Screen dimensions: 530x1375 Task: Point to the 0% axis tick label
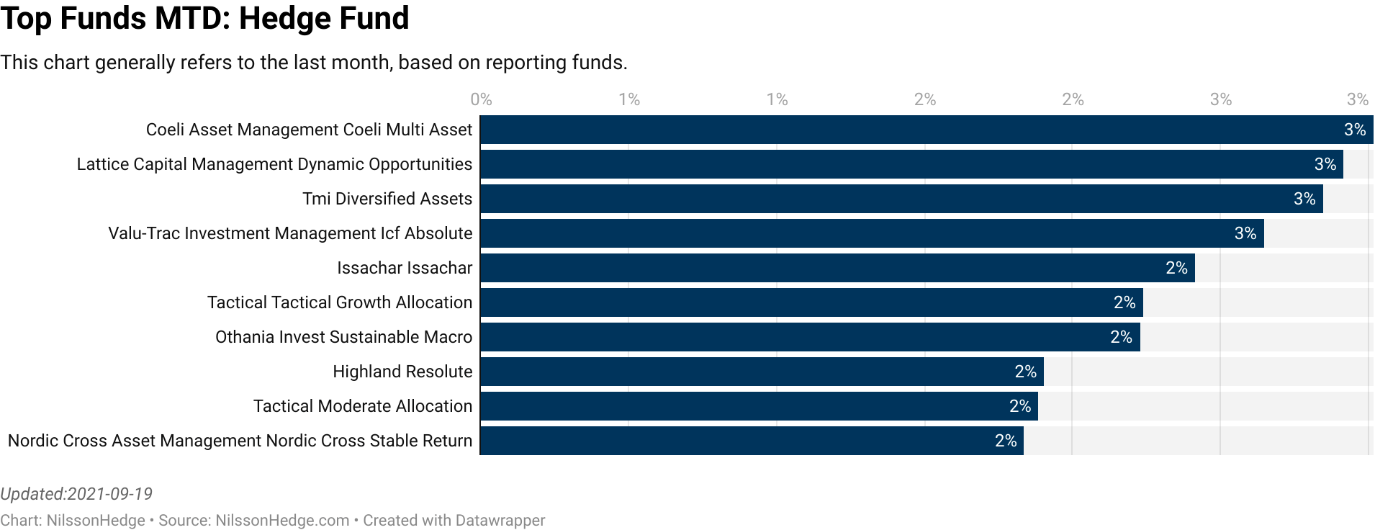(x=481, y=99)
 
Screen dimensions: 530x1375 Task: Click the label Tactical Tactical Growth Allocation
(x=340, y=302)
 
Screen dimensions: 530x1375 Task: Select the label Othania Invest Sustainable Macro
(x=343, y=337)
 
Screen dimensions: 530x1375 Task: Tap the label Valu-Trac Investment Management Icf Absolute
(x=290, y=233)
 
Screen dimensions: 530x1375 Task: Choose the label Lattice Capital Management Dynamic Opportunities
(x=274, y=164)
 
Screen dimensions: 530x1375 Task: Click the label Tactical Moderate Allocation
(x=362, y=406)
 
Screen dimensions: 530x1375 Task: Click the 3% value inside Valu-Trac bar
(x=1245, y=233)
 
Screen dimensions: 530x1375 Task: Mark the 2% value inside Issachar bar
(x=1176, y=268)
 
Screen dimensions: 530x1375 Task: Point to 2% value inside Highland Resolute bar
(x=1025, y=372)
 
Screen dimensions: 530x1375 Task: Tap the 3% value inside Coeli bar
(x=1354, y=130)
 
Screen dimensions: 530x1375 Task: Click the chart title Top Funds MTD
(x=204, y=18)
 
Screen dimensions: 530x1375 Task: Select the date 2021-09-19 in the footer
(x=109, y=494)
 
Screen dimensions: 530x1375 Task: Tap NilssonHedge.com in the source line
(x=282, y=520)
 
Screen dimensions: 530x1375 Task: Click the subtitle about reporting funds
(x=313, y=63)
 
